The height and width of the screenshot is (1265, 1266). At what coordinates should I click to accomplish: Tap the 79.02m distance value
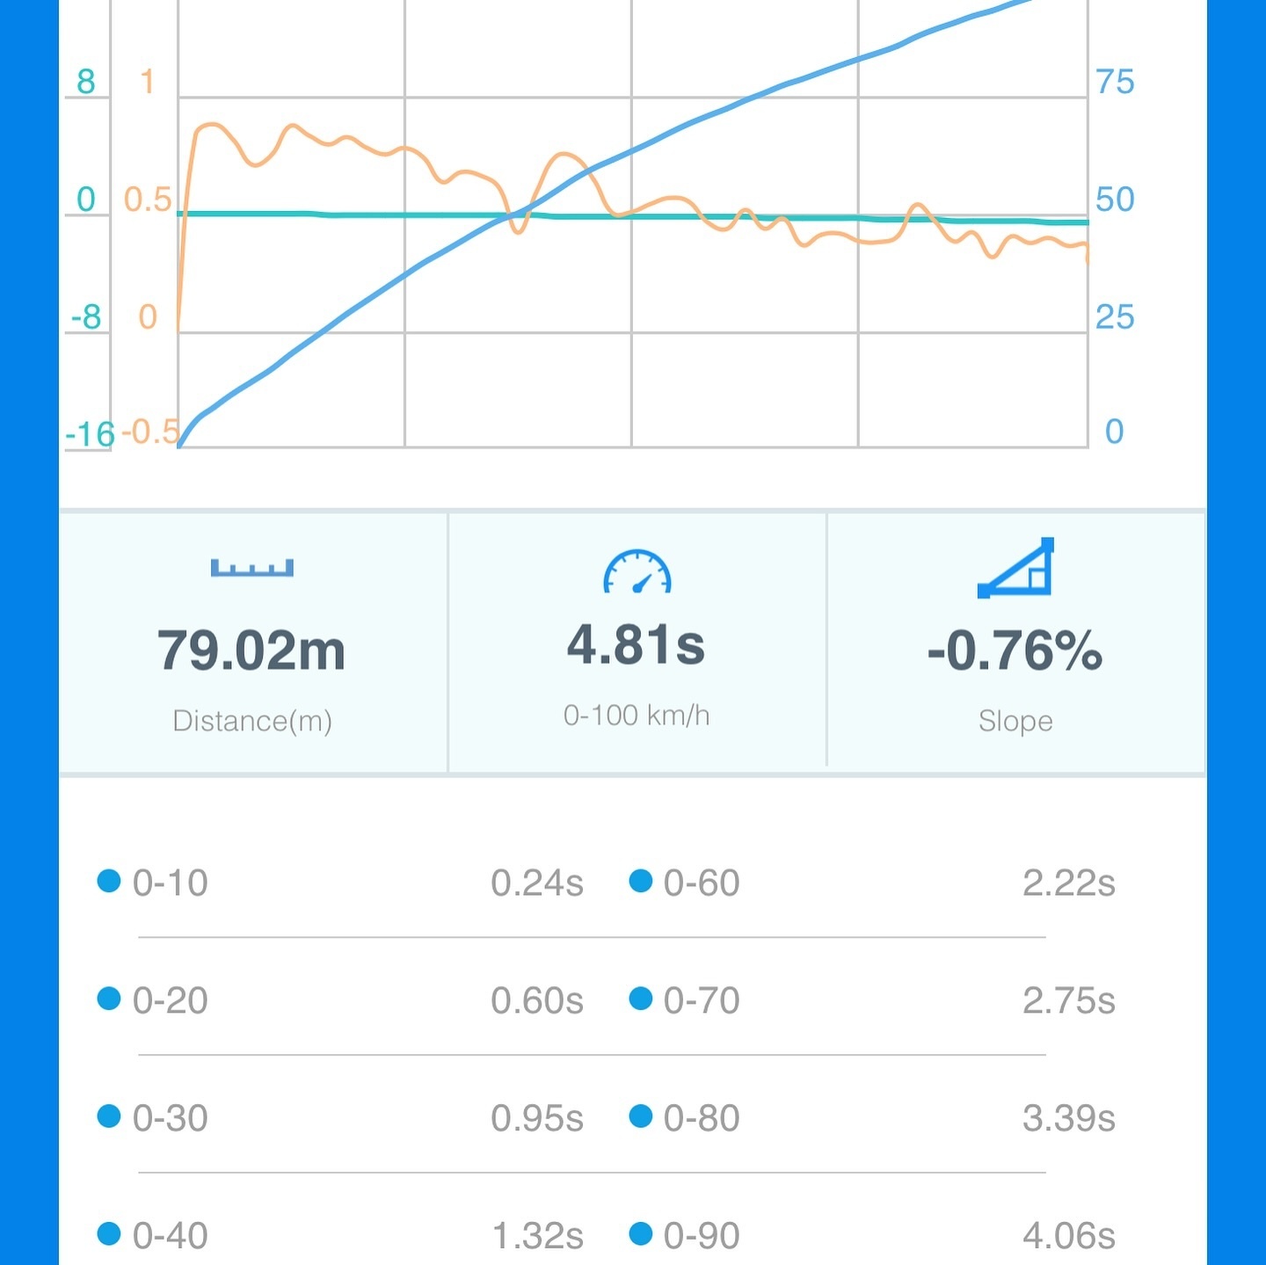(251, 651)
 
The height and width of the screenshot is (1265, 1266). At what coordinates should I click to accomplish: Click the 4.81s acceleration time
(636, 644)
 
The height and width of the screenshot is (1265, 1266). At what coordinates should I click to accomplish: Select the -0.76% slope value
(1015, 651)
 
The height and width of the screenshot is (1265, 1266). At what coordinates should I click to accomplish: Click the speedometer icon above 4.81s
(637, 572)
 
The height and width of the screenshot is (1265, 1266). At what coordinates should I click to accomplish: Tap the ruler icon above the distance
(251, 568)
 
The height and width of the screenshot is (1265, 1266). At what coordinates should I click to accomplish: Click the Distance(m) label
(252, 721)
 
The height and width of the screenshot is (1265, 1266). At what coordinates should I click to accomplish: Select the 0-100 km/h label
(637, 716)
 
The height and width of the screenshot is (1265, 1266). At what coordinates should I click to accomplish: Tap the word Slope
(1015, 721)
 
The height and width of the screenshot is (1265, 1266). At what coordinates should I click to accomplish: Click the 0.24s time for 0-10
(536, 883)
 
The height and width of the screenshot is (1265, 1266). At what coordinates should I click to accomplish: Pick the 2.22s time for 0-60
(1068, 883)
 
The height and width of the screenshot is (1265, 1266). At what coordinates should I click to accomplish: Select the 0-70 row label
(702, 1000)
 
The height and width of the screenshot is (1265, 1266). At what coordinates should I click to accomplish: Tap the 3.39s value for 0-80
(1068, 1118)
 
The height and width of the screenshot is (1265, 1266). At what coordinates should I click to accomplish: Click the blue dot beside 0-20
(109, 999)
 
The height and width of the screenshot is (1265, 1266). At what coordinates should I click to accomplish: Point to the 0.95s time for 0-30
(536, 1118)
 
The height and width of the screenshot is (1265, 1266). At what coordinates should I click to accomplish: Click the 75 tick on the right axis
(1115, 82)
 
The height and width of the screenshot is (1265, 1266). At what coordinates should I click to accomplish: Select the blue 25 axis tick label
(1115, 316)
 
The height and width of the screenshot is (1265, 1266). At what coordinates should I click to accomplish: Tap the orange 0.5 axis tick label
(148, 200)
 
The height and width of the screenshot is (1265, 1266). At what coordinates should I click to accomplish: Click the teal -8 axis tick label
(86, 316)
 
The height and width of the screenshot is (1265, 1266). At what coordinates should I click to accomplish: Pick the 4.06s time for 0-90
(1068, 1236)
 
